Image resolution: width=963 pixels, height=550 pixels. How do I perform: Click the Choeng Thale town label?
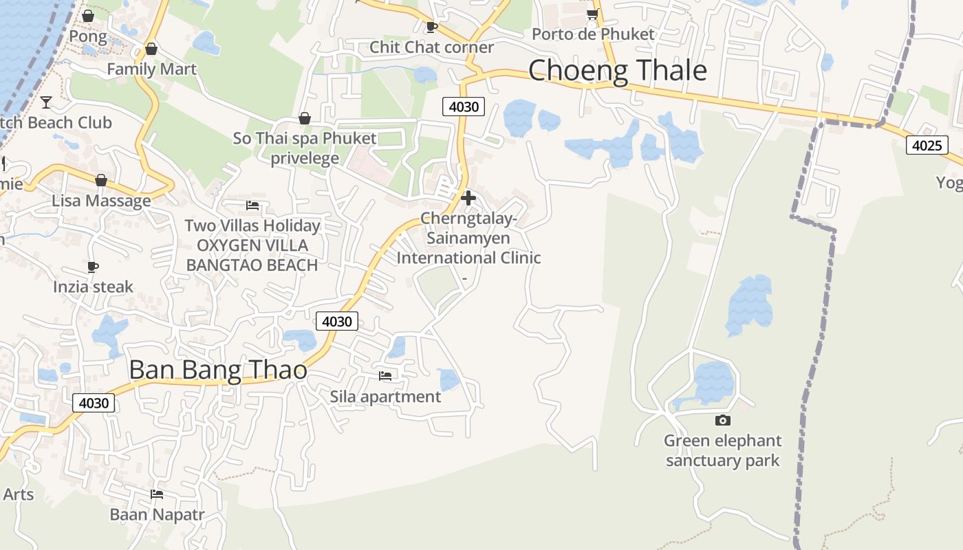(x=617, y=71)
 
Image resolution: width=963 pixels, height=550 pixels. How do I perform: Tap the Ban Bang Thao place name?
(x=217, y=370)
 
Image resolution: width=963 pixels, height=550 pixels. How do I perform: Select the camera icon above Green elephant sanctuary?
(x=722, y=420)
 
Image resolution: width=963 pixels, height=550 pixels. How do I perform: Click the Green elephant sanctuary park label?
(x=722, y=450)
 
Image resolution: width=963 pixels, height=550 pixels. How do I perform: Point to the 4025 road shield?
(x=927, y=145)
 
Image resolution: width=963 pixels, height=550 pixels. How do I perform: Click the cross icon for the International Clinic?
(x=468, y=198)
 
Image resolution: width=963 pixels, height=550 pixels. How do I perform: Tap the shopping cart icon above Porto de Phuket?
(x=592, y=14)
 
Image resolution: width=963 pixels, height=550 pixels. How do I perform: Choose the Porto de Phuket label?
(x=593, y=34)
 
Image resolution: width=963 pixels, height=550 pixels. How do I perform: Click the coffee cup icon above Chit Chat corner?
(x=431, y=27)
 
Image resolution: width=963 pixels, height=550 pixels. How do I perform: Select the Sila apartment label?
(x=385, y=397)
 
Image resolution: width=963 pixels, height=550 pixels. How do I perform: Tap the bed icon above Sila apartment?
(x=385, y=376)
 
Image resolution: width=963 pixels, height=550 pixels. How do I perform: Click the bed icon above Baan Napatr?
(x=157, y=494)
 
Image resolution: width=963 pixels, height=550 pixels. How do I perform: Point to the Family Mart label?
(x=151, y=69)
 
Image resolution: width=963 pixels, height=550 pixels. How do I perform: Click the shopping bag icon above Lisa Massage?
(x=101, y=180)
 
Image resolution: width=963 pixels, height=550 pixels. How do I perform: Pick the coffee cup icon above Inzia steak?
(x=93, y=267)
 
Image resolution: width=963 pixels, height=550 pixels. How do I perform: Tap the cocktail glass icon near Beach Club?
(x=46, y=102)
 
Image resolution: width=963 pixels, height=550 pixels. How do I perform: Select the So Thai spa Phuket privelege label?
(x=305, y=148)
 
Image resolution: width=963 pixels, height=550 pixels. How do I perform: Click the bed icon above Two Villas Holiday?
(x=252, y=205)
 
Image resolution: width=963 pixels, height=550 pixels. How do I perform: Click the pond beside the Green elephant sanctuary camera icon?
(x=713, y=382)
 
